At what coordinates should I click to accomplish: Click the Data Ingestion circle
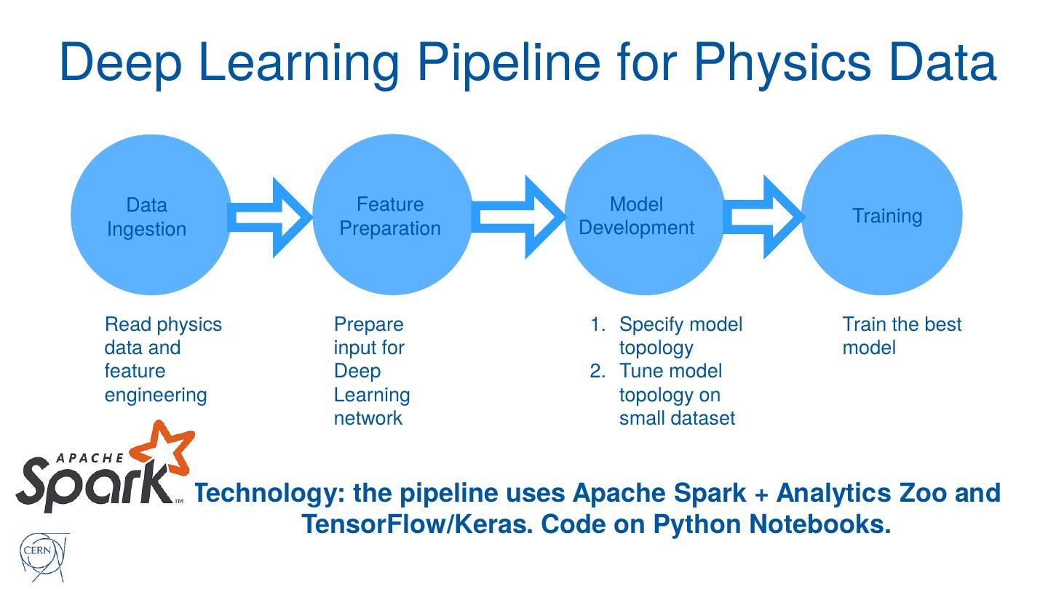[x=151, y=215]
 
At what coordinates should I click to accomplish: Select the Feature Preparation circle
[x=392, y=215]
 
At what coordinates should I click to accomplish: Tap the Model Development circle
[x=645, y=215]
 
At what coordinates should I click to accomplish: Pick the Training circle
[x=882, y=215]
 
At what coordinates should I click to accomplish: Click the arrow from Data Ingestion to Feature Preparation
[x=270, y=217]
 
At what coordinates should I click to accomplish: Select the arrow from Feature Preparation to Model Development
[x=518, y=217]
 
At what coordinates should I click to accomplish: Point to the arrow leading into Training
[x=763, y=217]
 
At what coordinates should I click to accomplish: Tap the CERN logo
[x=42, y=557]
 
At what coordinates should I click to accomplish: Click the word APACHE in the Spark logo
[x=90, y=457]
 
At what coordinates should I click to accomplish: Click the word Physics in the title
[x=782, y=63]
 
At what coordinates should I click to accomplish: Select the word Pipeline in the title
[x=509, y=63]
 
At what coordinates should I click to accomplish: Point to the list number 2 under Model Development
[x=598, y=371]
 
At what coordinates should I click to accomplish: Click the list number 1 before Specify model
[x=598, y=324]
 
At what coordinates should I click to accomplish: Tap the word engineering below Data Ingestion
[x=156, y=396]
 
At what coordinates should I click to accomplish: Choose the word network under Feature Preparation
[x=368, y=418]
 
